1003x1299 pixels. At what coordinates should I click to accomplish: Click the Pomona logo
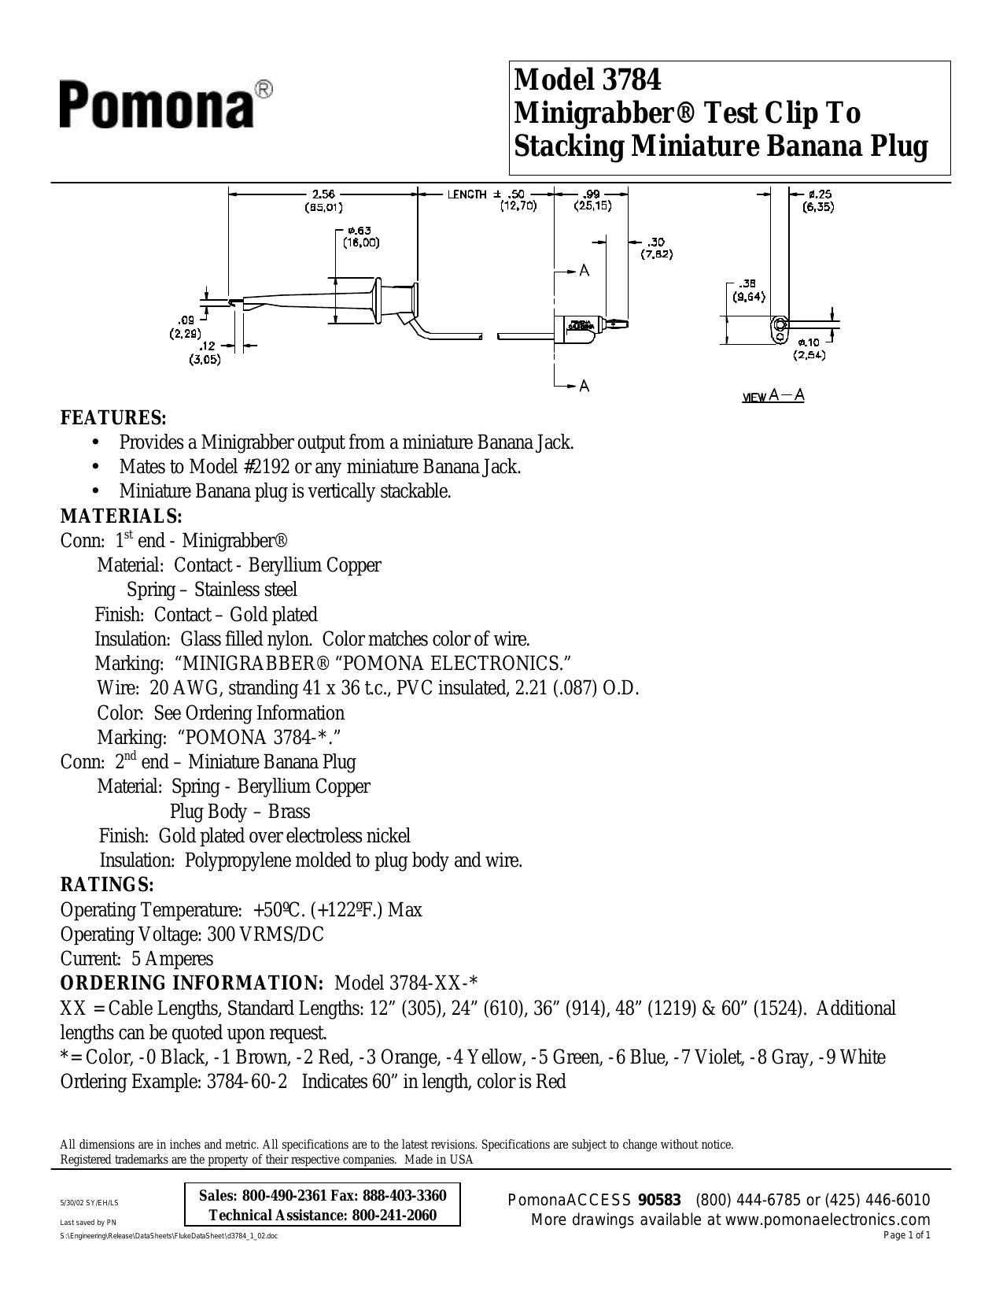pos(166,105)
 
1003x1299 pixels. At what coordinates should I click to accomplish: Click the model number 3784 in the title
pos(632,80)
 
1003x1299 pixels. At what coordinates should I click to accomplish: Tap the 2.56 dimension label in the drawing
pos(324,194)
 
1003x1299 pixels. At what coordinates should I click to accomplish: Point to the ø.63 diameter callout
pos(361,231)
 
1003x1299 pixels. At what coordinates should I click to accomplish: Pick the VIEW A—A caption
pos(773,395)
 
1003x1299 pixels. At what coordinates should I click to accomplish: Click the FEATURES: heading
pos(113,417)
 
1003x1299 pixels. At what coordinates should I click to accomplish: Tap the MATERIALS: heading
pos(121,516)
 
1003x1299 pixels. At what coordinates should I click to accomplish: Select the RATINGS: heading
pos(108,884)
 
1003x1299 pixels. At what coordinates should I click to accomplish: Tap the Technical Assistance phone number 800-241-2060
pos(394,1215)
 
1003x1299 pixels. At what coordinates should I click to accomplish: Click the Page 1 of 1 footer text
pos(907,1236)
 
